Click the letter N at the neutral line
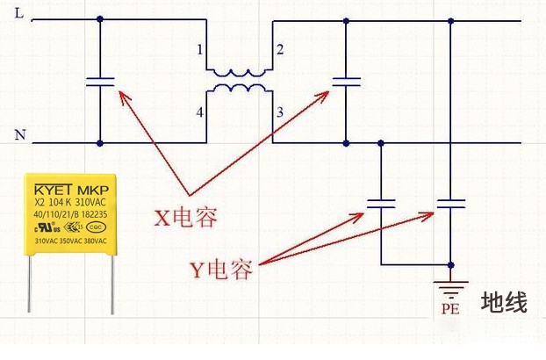coord(20,134)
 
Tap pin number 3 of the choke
coord(280,112)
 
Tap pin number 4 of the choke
coord(201,112)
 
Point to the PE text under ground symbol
coord(450,309)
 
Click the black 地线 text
coord(504,304)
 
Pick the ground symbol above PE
coord(451,287)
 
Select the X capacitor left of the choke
coord(100,83)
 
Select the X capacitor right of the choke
coord(347,83)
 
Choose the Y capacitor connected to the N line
coord(381,204)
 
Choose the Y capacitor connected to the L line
coord(451,204)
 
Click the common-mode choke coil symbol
coord(237,80)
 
